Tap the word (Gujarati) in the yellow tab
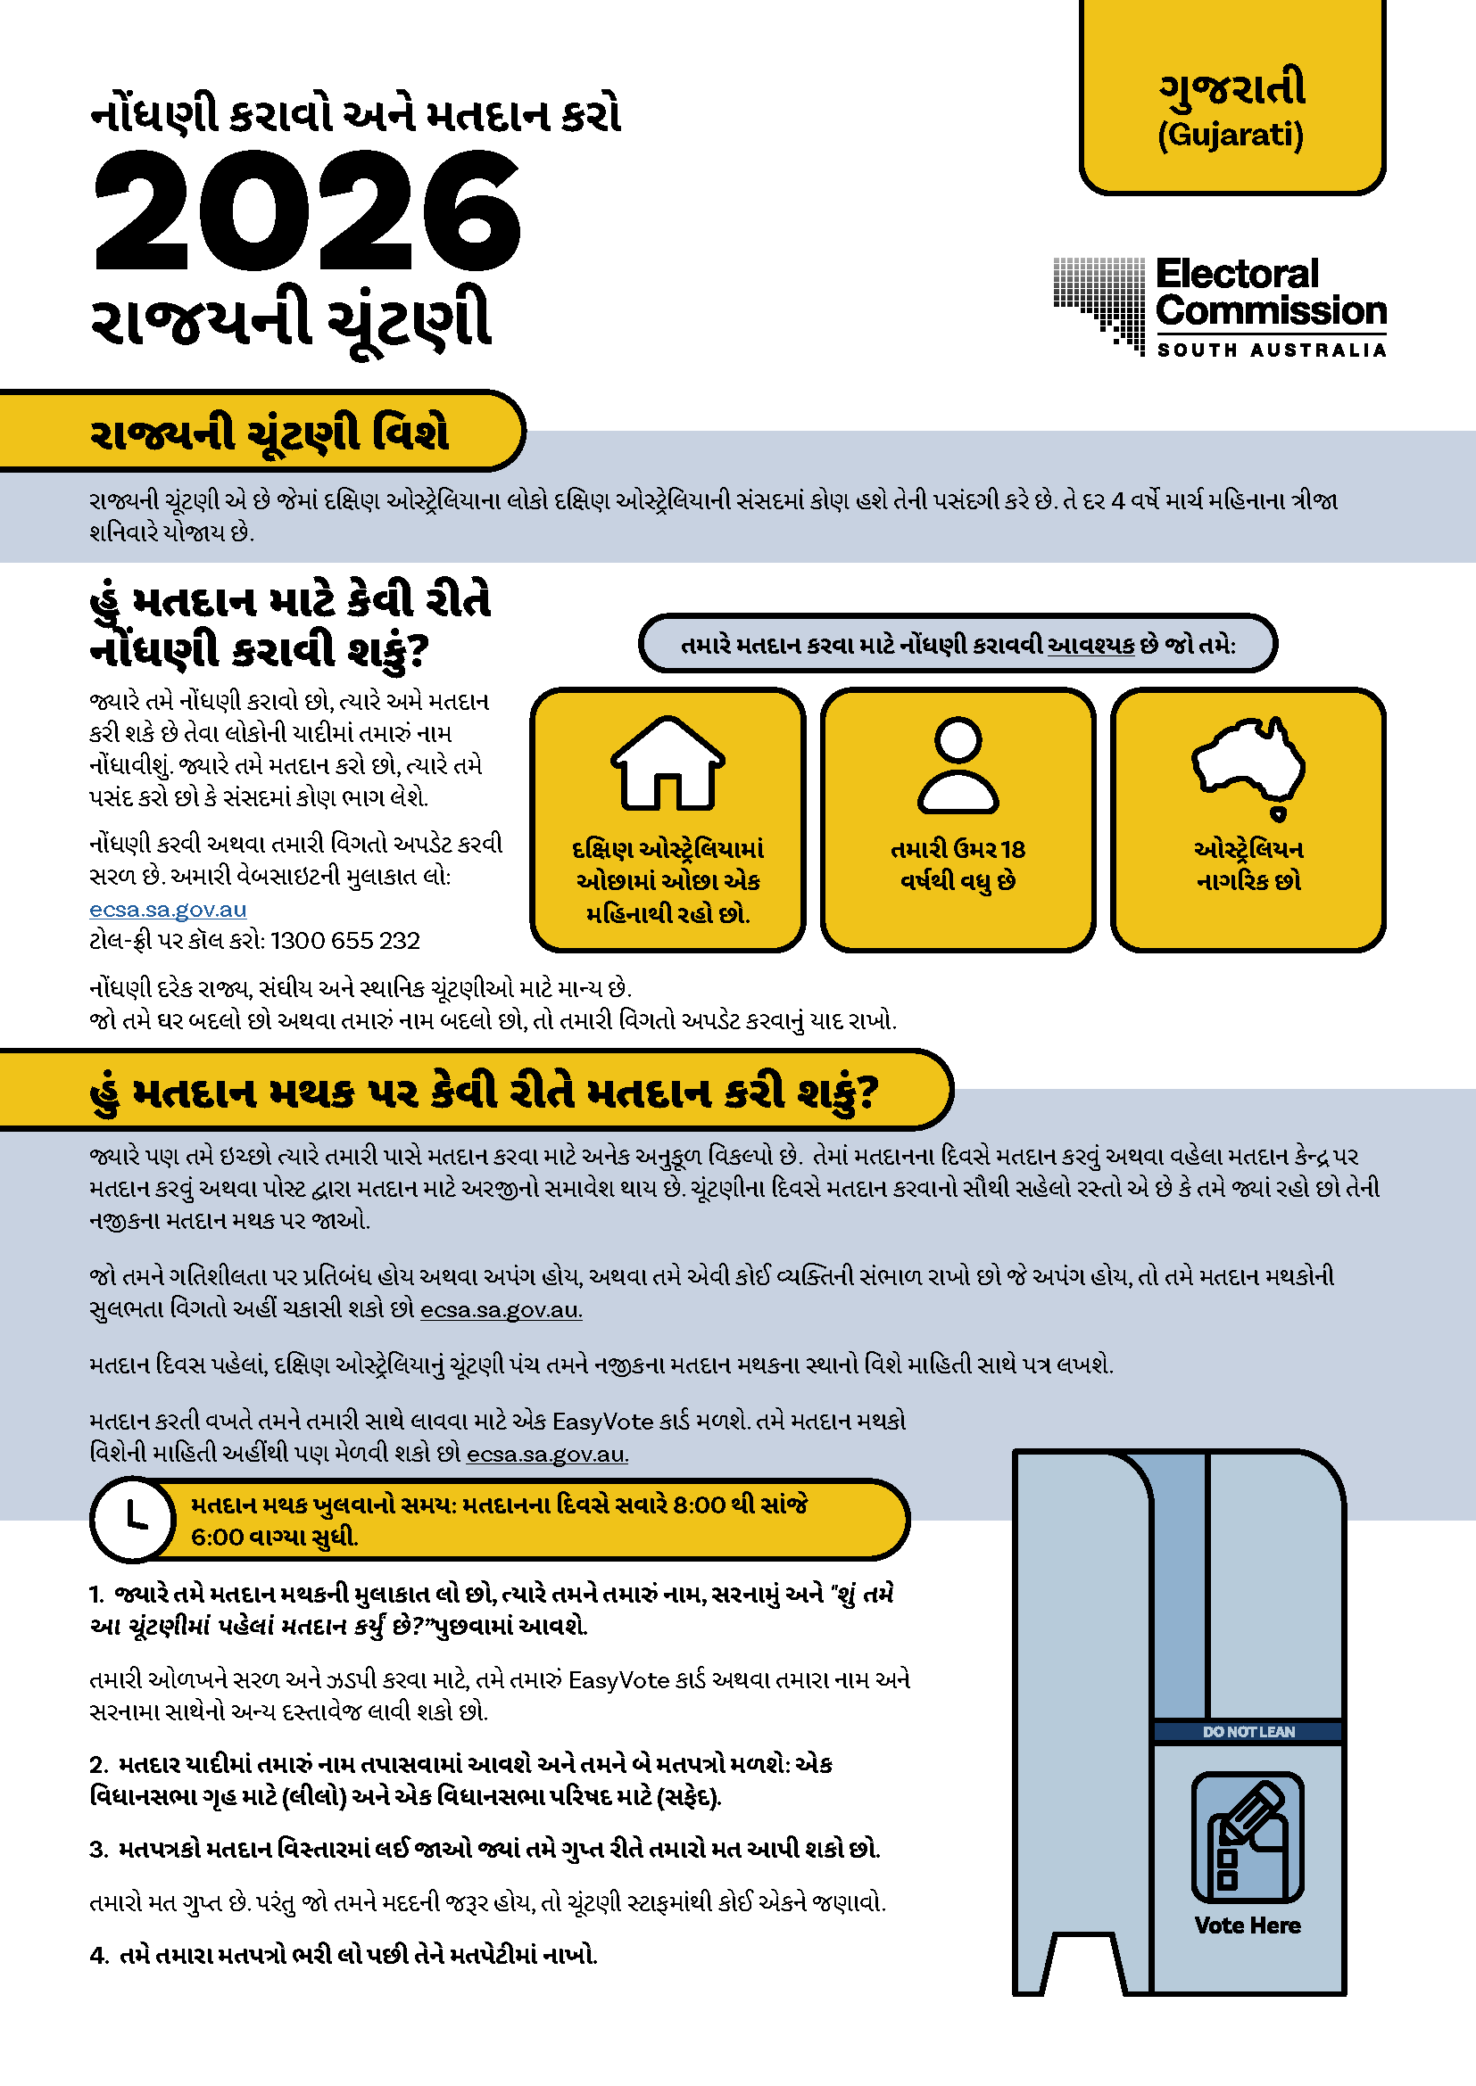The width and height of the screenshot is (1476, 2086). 1231,136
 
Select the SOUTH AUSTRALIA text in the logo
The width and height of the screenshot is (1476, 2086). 1271,350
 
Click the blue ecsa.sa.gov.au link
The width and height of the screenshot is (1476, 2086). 168,910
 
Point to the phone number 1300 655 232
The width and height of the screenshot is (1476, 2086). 345,941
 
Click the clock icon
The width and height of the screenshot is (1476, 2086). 134,1518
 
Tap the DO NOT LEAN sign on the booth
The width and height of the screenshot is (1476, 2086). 1248,1732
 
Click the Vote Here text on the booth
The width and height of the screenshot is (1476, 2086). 1248,1925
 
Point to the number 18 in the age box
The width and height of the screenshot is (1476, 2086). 1013,850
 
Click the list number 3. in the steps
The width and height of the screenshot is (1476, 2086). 99,1850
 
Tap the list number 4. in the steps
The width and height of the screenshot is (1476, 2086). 99,1955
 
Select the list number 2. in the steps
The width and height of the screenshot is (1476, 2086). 99,1764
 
